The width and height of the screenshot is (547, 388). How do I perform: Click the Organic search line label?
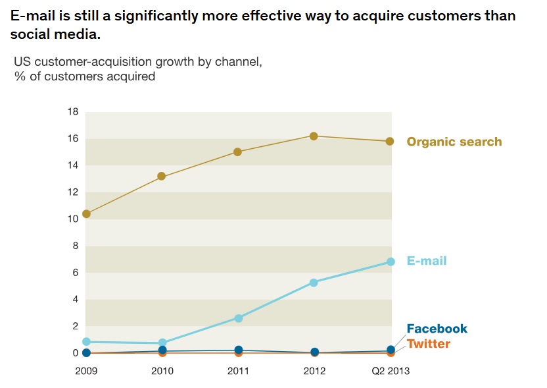click(454, 142)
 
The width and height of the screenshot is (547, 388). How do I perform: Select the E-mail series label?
click(426, 261)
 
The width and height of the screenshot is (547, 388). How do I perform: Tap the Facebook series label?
click(437, 329)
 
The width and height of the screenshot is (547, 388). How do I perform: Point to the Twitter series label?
click(428, 344)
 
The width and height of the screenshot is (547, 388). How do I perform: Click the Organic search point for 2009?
click(86, 214)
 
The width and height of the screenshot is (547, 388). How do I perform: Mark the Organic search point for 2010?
click(162, 177)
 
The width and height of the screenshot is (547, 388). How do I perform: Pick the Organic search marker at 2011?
click(237, 152)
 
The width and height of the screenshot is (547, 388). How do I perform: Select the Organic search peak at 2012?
click(314, 136)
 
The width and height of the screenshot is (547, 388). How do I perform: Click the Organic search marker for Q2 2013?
click(390, 142)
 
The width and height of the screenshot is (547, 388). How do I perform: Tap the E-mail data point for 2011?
click(238, 318)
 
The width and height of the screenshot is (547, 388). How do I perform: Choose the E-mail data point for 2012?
click(314, 283)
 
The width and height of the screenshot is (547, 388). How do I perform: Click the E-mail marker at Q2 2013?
click(391, 262)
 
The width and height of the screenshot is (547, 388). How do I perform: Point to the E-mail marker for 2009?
click(86, 342)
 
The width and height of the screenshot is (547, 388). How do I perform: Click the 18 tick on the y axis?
click(72, 112)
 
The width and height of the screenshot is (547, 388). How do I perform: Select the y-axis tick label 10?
click(72, 219)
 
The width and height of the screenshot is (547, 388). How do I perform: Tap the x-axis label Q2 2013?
click(390, 371)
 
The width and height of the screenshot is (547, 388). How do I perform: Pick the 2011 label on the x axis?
click(238, 371)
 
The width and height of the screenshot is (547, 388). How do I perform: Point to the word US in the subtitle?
click(22, 62)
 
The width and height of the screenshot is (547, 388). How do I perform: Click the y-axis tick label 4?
click(75, 300)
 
